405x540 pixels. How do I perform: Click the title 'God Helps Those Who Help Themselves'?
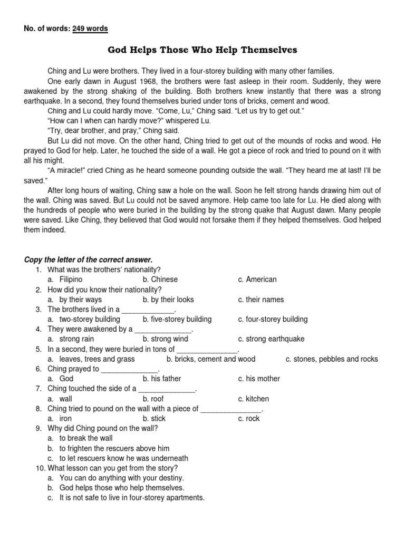coord(202,50)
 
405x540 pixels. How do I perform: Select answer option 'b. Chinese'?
coord(160,279)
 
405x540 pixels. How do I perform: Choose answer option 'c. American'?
coord(257,279)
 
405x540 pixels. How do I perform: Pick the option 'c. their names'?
coord(261,300)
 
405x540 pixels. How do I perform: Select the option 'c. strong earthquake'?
coord(271,339)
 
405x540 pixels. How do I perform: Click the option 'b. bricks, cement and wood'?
coord(210,359)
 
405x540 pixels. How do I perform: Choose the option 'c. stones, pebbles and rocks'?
coord(332,359)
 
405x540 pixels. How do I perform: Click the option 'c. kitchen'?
coord(253,399)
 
